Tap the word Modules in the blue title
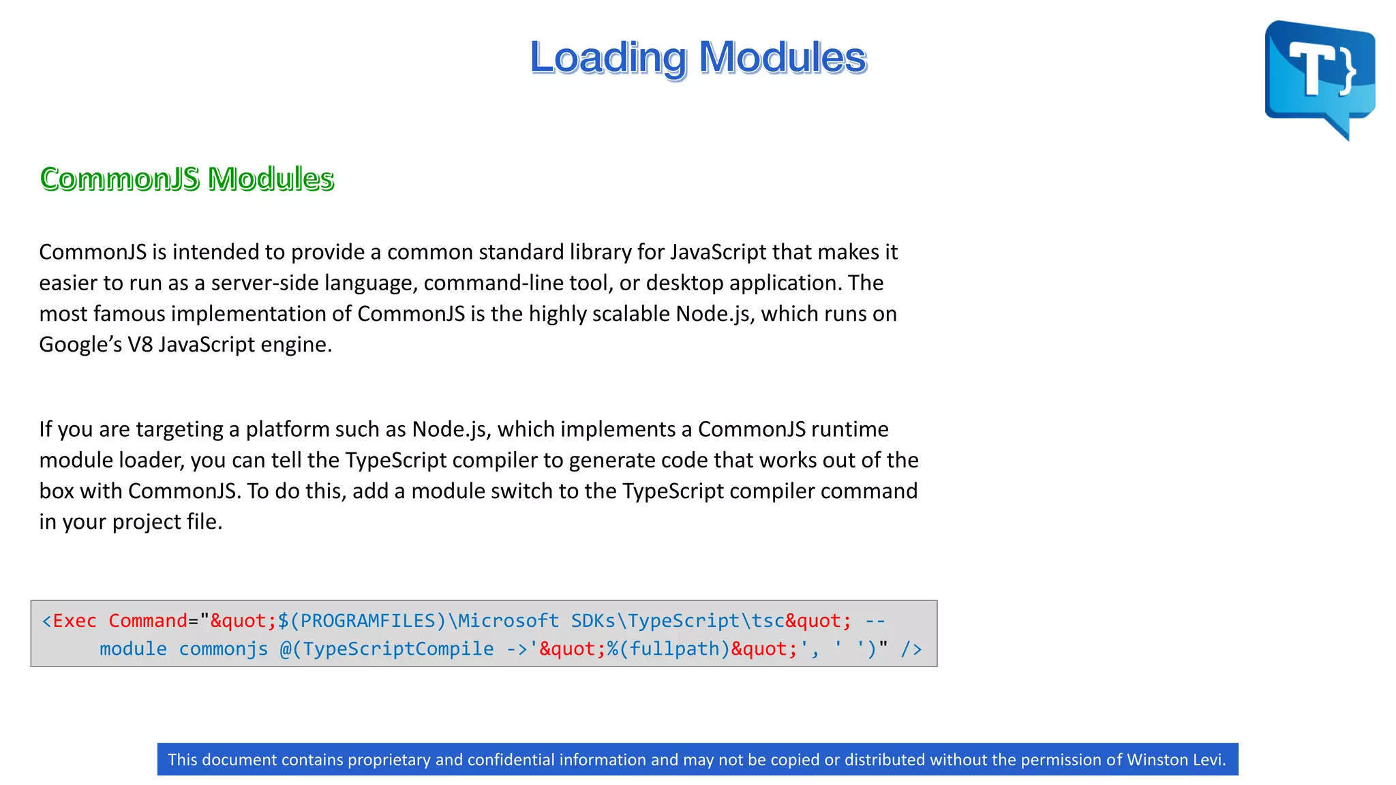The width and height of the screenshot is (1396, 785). [783, 58]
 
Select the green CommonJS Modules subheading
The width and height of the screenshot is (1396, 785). [187, 179]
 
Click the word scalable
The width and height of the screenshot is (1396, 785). [631, 313]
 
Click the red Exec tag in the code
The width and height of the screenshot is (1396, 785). [74, 621]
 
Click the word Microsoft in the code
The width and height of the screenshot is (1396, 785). [508, 621]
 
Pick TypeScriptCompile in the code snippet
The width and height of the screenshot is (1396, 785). [398, 649]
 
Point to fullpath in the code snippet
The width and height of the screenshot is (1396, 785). [674, 649]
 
